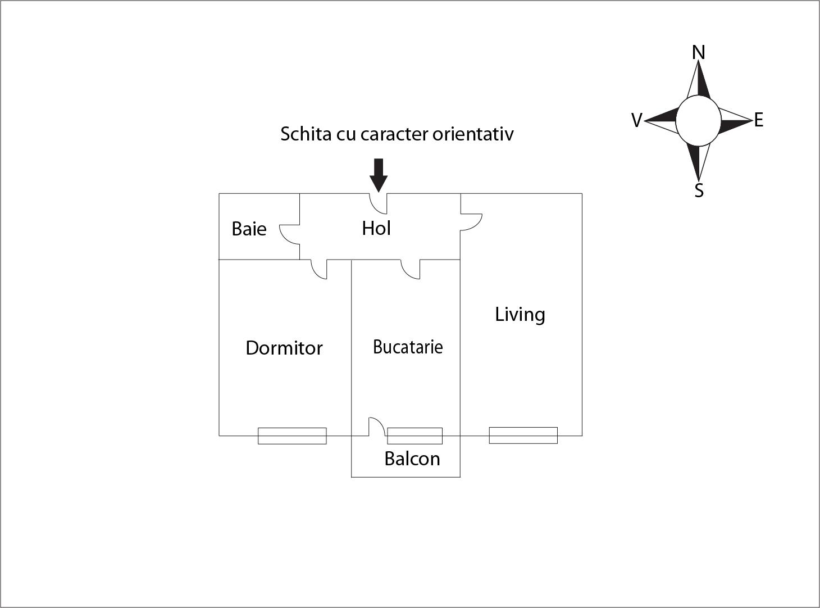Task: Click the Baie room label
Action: click(x=249, y=229)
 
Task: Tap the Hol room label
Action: click(x=376, y=228)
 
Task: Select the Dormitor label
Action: click(x=284, y=348)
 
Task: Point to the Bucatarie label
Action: click(x=408, y=347)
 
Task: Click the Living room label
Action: click(x=520, y=315)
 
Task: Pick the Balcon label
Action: click(x=412, y=459)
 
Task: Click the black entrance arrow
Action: click(x=379, y=175)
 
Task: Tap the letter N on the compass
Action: click(x=698, y=53)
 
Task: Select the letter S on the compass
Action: click(x=699, y=190)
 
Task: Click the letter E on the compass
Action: click(x=759, y=120)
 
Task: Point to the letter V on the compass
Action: click(x=637, y=120)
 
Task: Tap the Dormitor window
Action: click(x=292, y=436)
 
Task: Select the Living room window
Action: click(x=523, y=435)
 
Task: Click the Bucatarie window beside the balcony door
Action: click(x=414, y=436)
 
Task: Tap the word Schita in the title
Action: click(x=306, y=134)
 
